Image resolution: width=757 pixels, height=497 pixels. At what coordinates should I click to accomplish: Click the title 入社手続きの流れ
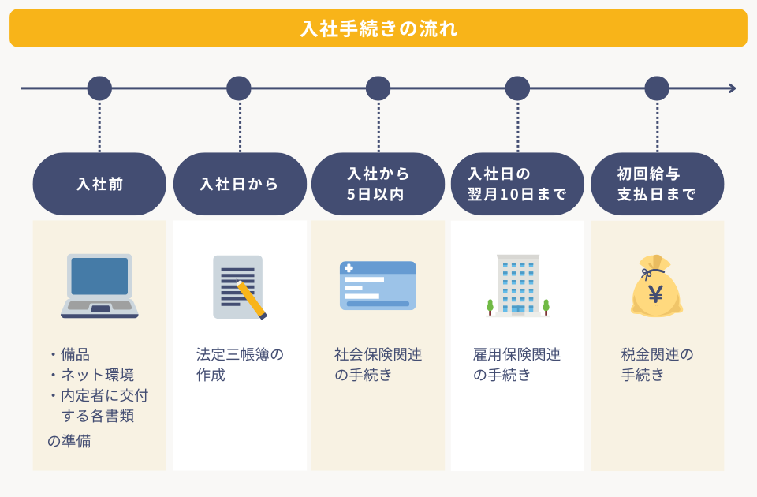tap(378, 28)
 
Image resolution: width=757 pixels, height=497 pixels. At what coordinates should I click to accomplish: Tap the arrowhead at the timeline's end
tap(733, 88)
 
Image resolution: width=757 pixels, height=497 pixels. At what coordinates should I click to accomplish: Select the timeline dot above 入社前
tap(99, 88)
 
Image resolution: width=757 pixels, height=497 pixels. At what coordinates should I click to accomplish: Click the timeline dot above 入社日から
tap(239, 88)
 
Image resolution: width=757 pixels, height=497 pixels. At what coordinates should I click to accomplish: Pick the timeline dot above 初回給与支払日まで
tap(657, 88)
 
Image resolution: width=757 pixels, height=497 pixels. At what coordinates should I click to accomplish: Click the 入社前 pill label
tap(99, 184)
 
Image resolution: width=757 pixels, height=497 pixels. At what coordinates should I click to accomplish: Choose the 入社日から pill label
tap(240, 184)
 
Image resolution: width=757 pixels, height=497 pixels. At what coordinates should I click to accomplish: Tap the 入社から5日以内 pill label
tap(378, 184)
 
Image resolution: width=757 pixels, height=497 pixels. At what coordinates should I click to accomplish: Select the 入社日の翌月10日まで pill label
tap(517, 184)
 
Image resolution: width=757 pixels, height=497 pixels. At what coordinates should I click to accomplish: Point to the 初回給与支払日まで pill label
tap(657, 184)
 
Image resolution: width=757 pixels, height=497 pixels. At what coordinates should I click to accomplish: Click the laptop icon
tap(99, 286)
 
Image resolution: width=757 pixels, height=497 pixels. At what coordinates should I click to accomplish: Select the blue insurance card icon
tap(378, 286)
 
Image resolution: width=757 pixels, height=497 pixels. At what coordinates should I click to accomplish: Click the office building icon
tap(517, 285)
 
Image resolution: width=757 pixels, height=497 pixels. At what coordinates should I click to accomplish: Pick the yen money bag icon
tap(656, 286)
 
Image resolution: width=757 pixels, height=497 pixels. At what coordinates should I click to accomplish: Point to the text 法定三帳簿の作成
tap(239, 364)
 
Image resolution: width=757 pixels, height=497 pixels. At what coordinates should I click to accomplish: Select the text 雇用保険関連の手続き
tap(516, 364)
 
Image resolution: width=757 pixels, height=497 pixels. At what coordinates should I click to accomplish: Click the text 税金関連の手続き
tap(656, 364)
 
